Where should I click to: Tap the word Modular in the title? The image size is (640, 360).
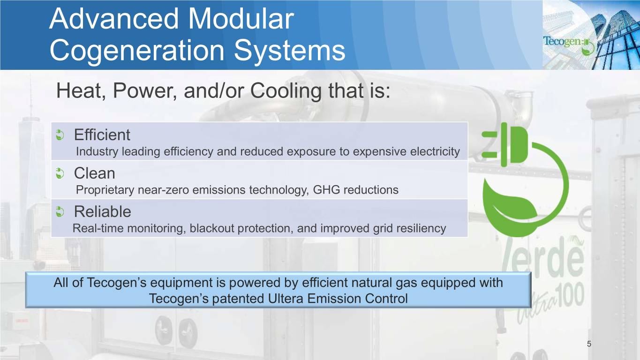tap(241, 19)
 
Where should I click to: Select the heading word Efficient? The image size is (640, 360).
tap(102, 135)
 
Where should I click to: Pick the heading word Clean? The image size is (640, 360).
tap(95, 173)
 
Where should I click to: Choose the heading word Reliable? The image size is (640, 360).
tap(103, 211)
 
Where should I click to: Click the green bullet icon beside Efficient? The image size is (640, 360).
tap(60, 135)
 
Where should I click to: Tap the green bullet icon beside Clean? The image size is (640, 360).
tap(60, 173)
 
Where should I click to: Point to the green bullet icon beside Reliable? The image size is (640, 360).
tap(60, 212)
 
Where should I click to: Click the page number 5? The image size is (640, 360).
tap(589, 344)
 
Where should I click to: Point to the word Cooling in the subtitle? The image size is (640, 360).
tap(286, 91)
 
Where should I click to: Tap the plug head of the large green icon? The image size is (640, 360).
tap(504, 144)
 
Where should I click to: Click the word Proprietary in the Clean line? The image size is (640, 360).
tap(105, 190)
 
